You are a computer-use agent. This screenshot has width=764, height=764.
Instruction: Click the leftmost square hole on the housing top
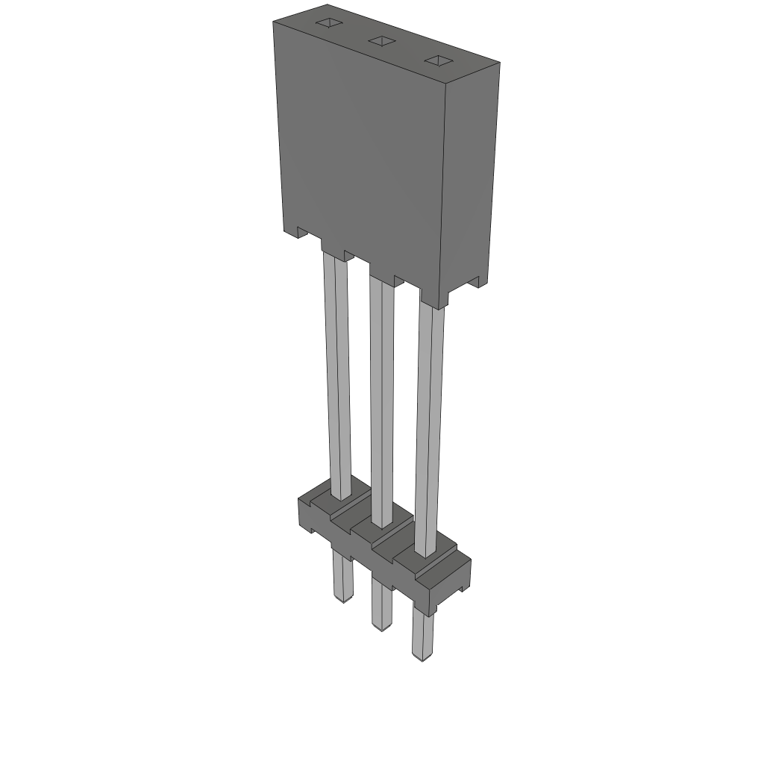[327, 23]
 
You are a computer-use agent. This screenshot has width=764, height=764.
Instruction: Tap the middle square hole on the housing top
[381, 41]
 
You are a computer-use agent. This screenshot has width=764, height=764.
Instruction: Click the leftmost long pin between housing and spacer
[337, 373]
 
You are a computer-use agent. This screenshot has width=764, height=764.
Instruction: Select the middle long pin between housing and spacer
[381, 395]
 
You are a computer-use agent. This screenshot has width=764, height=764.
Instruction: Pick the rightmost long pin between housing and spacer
[429, 425]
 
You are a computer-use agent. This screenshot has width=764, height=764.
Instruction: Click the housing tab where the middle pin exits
[382, 273]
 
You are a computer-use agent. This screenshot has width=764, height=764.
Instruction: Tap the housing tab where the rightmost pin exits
[432, 298]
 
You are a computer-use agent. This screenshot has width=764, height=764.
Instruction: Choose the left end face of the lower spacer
[305, 515]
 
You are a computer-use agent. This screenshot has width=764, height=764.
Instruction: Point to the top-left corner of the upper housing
[273, 22]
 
